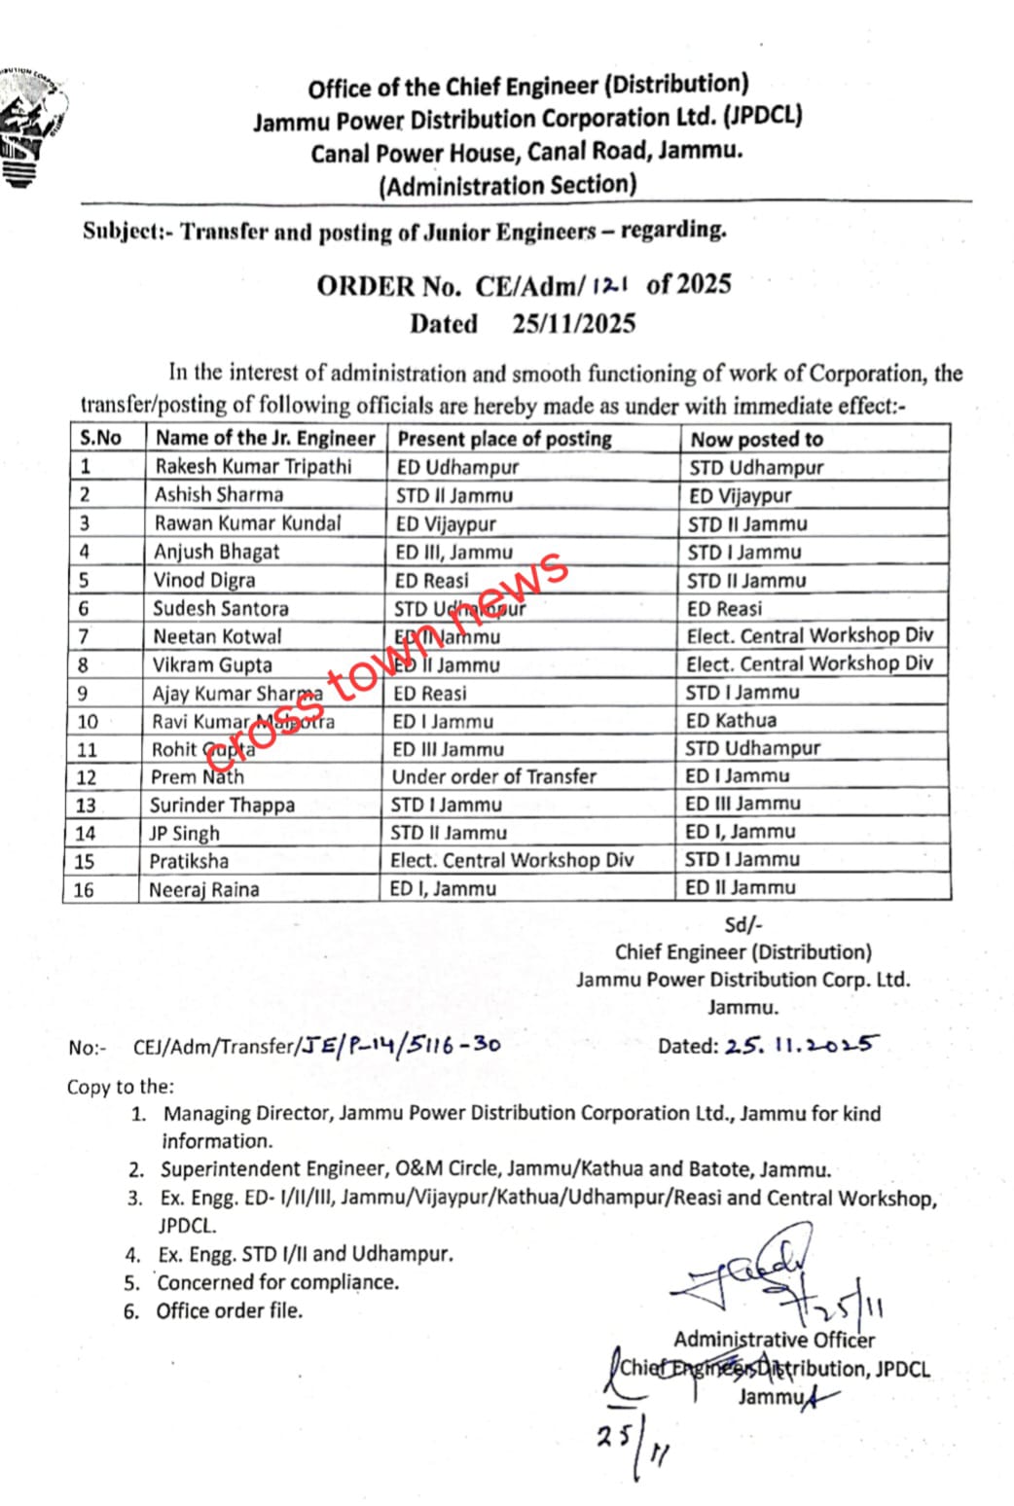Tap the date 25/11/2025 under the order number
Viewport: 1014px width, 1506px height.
click(x=573, y=324)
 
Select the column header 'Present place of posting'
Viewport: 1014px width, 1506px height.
click(x=504, y=439)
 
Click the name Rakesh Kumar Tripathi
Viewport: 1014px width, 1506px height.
click(x=253, y=466)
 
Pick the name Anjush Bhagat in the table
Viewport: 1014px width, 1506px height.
click(x=216, y=552)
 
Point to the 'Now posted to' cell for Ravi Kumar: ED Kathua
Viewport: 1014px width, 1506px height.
click(x=731, y=721)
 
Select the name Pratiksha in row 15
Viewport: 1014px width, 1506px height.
click(x=189, y=861)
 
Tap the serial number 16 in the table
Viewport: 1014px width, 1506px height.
click(x=84, y=889)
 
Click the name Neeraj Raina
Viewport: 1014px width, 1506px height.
click(x=203, y=889)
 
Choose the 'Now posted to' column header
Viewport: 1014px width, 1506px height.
click(x=756, y=440)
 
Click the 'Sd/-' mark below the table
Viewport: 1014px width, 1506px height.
click(x=743, y=925)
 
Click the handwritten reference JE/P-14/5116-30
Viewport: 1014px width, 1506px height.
click(x=400, y=1046)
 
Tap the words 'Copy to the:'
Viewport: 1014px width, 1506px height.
click(x=120, y=1087)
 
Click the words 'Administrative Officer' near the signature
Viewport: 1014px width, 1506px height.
click(x=774, y=1340)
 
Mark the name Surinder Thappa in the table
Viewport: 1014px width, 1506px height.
click(x=222, y=805)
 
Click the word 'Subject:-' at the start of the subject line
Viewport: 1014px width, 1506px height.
click(x=123, y=232)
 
